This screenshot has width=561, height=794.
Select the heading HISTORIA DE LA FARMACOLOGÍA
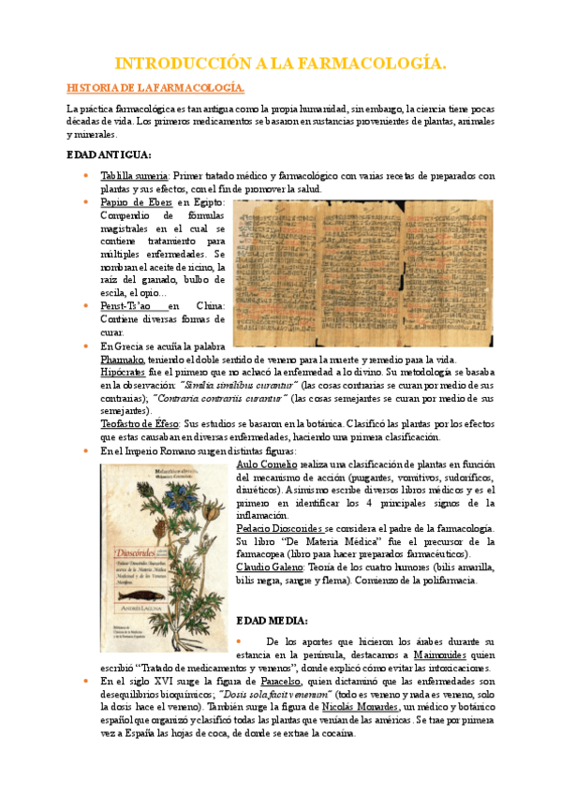coord(155,88)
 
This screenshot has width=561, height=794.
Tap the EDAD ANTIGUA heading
coord(110,154)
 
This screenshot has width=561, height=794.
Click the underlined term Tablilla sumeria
coord(134,175)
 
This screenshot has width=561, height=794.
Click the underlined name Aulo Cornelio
coord(267,463)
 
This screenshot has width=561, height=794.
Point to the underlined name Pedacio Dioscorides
coord(278,529)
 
